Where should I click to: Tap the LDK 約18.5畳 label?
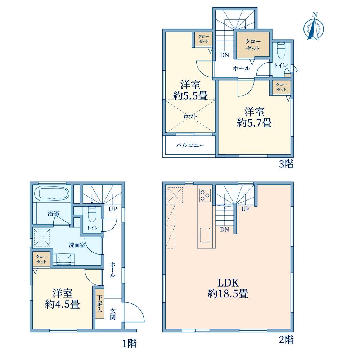(228, 288)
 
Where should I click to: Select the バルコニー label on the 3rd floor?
(190, 145)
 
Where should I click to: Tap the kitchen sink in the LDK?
(205, 235)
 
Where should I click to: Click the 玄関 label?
(112, 314)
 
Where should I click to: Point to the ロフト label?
(190, 117)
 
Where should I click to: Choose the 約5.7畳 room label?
(255, 123)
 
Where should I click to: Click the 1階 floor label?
(129, 344)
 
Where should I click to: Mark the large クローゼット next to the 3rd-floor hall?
(253, 45)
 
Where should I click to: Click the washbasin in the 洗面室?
(64, 259)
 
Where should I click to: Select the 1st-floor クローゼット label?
(41, 259)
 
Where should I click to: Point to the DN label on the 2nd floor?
(224, 229)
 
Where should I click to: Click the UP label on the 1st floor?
(113, 209)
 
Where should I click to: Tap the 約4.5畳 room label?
(62, 305)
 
